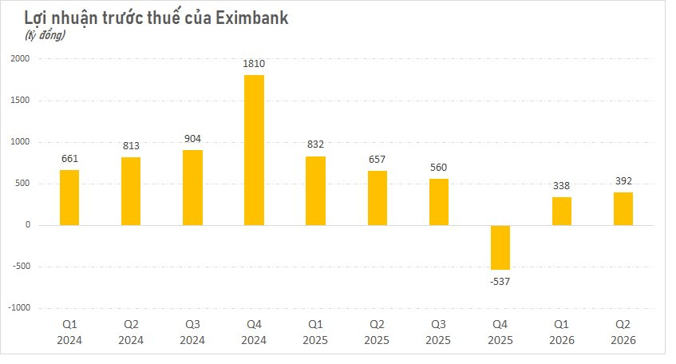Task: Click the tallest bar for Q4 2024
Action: [254, 150]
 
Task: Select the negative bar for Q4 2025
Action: [500, 247]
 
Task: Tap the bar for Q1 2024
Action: [69, 197]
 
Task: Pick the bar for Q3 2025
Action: [438, 202]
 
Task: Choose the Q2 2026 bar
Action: [623, 208]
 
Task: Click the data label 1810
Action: [254, 64]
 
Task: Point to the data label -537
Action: [500, 282]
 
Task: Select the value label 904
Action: [192, 139]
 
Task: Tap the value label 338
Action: [561, 186]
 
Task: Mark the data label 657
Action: [377, 160]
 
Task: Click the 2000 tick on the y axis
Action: [20, 58]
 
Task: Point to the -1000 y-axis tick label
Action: [19, 307]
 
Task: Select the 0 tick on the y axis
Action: [28, 224]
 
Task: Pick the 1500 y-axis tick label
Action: [20, 100]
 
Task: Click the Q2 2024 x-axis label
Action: [131, 332]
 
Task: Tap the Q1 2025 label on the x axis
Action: [315, 332]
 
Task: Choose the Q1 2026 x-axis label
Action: [561, 332]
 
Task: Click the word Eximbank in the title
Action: [251, 18]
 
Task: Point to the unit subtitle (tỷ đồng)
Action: [45, 35]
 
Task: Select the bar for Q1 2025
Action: [315, 191]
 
